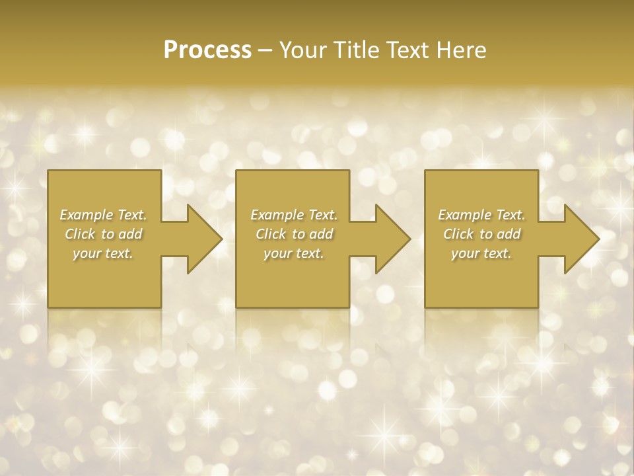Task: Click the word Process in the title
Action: (x=207, y=50)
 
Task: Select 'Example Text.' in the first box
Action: (x=103, y=215)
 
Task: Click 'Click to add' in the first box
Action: (x=103, y=234)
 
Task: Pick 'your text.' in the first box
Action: (x=103, y=253)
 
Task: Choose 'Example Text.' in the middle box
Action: (x=293, y=215)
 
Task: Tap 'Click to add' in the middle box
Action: (x=293, y=234)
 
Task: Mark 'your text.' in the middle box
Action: (x=293, y=253)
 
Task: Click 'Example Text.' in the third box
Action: (x=481, y=215)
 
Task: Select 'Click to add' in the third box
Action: (x=481, y=234)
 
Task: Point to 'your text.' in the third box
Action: (x=481, y=253)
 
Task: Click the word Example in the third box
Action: (x=464, y=215)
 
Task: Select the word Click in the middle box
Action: (x=270, y=234)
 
